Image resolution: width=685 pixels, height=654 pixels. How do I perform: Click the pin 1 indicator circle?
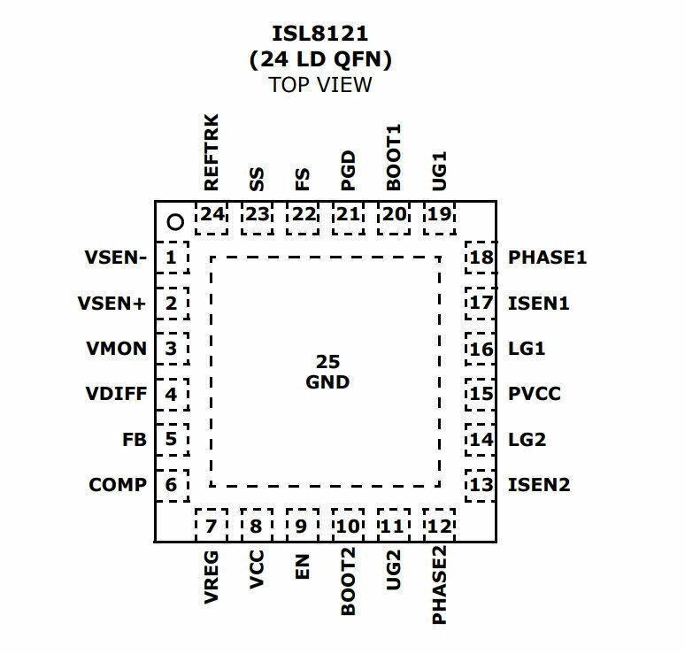click(175, 222)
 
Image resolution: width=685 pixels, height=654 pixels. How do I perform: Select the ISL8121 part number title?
click(320, 34)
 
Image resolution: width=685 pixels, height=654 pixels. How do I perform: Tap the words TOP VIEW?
click(320, 85)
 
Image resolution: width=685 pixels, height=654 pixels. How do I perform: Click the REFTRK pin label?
click(211, 152)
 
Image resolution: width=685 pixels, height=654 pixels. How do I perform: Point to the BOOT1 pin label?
click(393, 158)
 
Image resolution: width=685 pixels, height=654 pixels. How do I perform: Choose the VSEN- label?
click(116, 258)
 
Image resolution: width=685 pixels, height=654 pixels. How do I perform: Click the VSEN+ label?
click(112, 303)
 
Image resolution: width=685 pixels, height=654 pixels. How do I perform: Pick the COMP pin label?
click(118, 484)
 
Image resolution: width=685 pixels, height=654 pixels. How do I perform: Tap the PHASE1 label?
click(548, 258)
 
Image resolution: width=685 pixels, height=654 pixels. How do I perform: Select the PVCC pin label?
click(535, 394)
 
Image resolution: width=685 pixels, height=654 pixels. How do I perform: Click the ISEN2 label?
click(539, 484)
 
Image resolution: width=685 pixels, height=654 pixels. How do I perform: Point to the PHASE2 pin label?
click(439, 585)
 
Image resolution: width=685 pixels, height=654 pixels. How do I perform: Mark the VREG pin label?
click(211, 577)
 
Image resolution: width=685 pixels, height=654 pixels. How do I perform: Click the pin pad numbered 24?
click(212, 218)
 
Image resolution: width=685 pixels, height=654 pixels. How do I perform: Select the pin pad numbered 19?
click(439, 218)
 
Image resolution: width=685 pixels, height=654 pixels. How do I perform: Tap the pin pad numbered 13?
click(480, 485)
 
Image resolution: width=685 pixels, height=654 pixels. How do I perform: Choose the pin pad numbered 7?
click(212, 525)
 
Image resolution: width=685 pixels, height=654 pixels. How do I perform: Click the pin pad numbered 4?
click(173, 394)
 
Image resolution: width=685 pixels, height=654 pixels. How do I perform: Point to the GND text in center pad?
click(327, 382)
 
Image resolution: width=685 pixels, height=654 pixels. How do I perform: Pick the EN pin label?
click(303, 566)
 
